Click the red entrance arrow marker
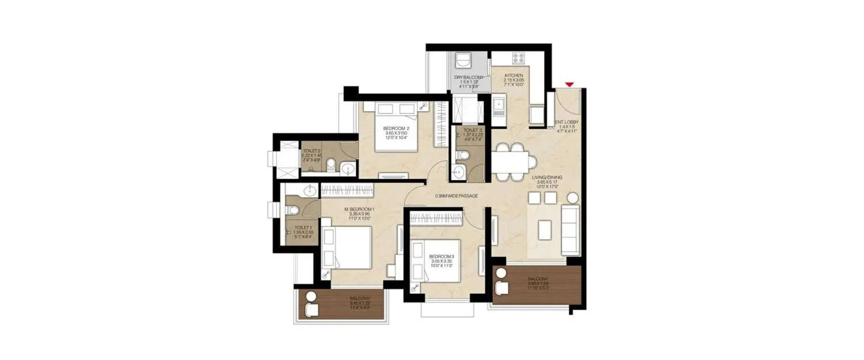(569, 85)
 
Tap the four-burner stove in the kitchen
(518, 59)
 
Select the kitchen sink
(498, 107)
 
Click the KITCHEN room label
(513, 76)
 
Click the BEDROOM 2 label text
(397, 128)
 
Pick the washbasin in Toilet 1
(309, 191)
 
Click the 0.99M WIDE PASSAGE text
(457, 196)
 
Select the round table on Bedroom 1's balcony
(312, 297)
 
